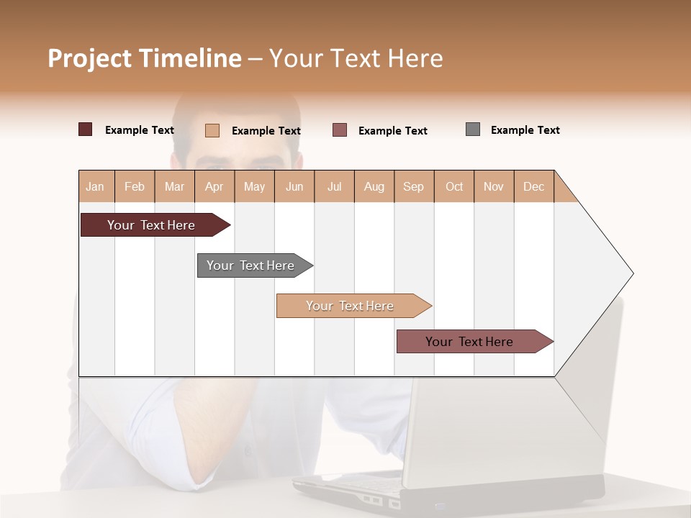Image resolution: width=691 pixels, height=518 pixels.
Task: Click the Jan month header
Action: [x=95, y=186]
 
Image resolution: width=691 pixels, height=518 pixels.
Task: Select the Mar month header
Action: [x=174, y=186]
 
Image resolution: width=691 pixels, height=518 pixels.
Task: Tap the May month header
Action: [x=254, y=186]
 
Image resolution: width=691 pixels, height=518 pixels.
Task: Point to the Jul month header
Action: [x=334, y=186]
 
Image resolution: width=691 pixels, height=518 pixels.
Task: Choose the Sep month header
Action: [x=413, y=186]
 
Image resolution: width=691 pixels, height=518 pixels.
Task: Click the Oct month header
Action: [x=454, y=186]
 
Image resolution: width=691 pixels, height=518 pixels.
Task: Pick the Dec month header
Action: [x=533, y=186]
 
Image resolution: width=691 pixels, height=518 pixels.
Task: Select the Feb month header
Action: [x=135, y=186]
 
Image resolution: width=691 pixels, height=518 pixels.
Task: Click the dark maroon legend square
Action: [x=85, y=129]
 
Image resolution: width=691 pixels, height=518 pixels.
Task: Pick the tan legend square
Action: [x=212, y=130]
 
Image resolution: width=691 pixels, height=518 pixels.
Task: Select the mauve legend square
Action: [x=340, y=130]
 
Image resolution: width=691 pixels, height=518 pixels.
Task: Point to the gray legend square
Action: [x=473, y=129]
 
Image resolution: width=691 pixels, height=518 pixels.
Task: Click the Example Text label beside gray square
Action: [x=525, y=130]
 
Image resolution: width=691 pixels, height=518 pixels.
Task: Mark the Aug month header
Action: [x=374, y=186]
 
